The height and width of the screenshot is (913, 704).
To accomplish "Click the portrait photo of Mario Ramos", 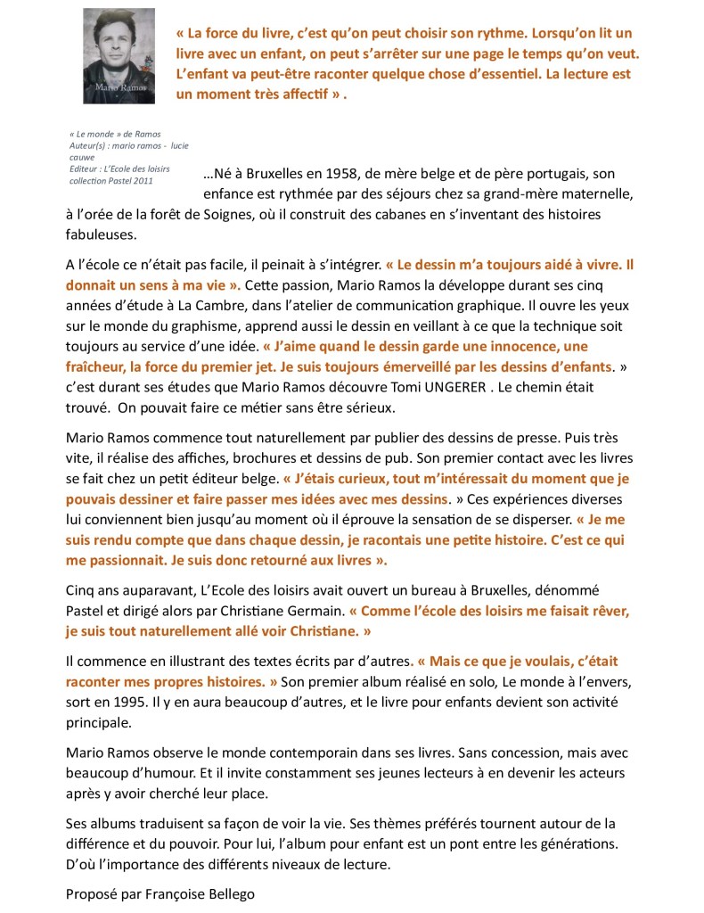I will pyautogui.click(x=119, y=55).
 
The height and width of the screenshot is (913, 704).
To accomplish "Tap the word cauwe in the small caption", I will pyautogui.click(x=82, y=156).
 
